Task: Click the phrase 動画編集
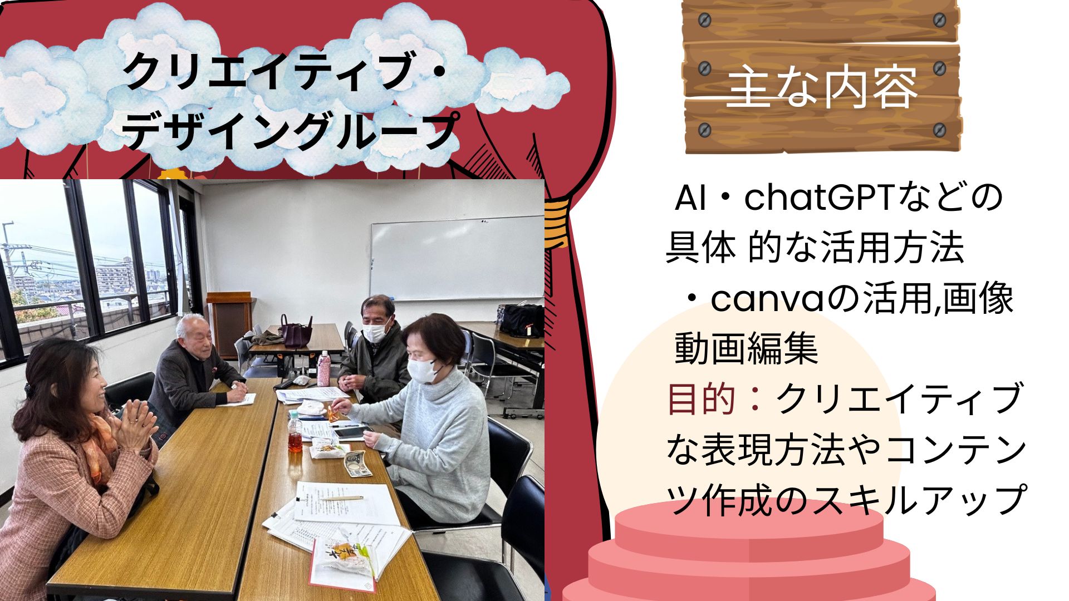coord(747,349)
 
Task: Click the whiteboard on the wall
coord(457,259)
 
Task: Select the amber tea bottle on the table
coord(295,434)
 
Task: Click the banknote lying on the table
coord(357,464)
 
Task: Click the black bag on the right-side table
coord(522,321)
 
